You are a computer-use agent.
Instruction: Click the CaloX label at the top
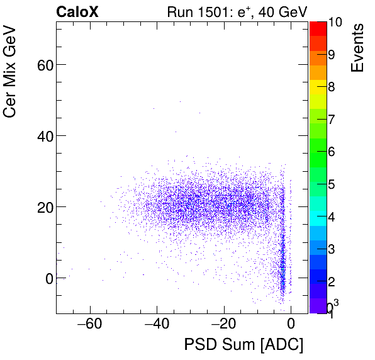(x=77, y=11)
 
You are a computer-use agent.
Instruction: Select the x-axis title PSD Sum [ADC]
(x=243, y=344)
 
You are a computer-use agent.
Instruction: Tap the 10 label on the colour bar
(x=335, y=22)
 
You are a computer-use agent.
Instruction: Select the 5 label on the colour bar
(x=332, y=184)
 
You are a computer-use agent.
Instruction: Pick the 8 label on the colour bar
(x=332, y=87)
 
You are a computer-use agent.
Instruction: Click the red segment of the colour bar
(x=318, y=28)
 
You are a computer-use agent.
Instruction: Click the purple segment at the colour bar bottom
(x=318, y=305)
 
